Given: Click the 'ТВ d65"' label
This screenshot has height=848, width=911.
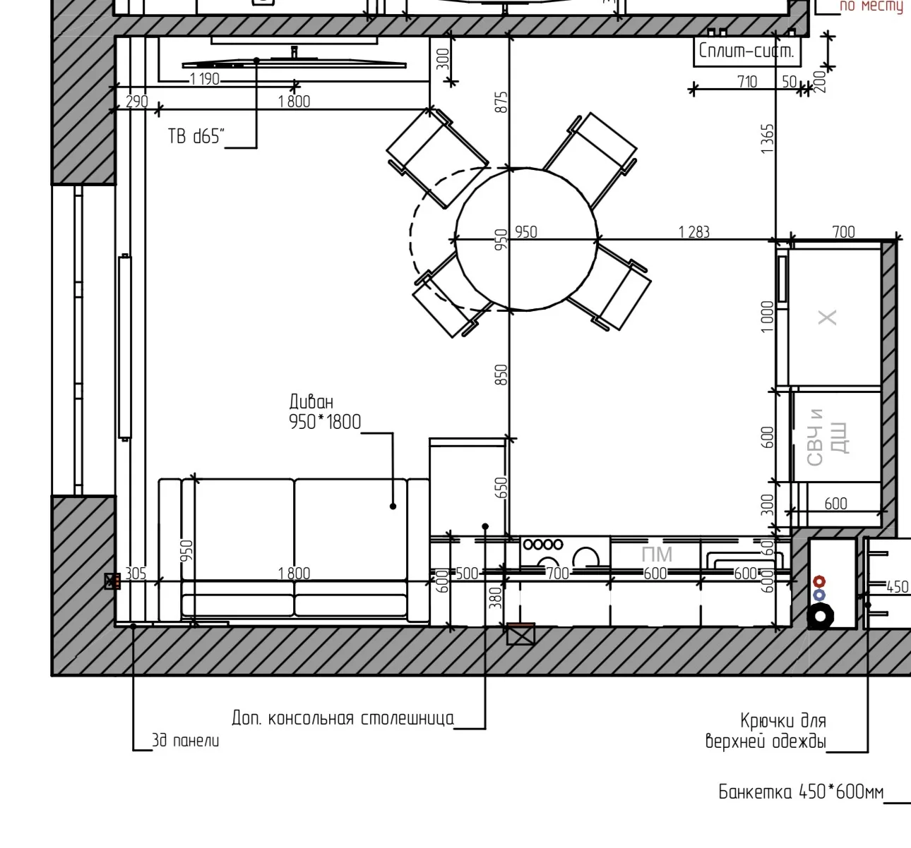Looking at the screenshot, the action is tap(196, 137).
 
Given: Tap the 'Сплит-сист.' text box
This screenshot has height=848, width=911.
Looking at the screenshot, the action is tap(746, 51).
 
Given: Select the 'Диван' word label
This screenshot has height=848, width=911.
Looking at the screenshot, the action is tap(311, 402).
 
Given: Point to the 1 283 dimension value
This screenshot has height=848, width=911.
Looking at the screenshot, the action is tap(694, 232).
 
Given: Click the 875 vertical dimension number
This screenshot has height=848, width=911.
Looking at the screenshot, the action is tap(502, 102).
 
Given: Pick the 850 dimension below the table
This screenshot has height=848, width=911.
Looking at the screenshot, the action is tap(502, 375).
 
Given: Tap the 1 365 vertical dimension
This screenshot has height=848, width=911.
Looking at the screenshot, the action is tap(767, 139).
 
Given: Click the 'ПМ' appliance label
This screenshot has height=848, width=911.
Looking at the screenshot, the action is tap(657, 555).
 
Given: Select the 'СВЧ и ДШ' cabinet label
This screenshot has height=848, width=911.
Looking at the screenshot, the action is tap(827, 437).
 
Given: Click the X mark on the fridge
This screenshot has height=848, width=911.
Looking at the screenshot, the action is tap(828, 317).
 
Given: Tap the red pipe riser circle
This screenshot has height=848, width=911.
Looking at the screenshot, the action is tap(819, 582).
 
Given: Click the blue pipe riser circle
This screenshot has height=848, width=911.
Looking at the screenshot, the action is tap(819, 595).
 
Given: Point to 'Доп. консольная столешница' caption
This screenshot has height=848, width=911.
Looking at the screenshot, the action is tap(343, 717).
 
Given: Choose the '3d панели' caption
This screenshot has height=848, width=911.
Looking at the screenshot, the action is tap(185, 740).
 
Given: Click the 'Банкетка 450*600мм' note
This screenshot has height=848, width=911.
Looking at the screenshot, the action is tap(801, 792).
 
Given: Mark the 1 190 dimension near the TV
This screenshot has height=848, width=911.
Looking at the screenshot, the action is tap(205, 79).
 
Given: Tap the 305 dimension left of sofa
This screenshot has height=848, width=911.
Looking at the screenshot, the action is tap(136, 574).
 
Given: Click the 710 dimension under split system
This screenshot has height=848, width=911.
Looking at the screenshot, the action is tap(746, 82).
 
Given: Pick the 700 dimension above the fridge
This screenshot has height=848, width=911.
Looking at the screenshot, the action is tap(844, 232).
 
